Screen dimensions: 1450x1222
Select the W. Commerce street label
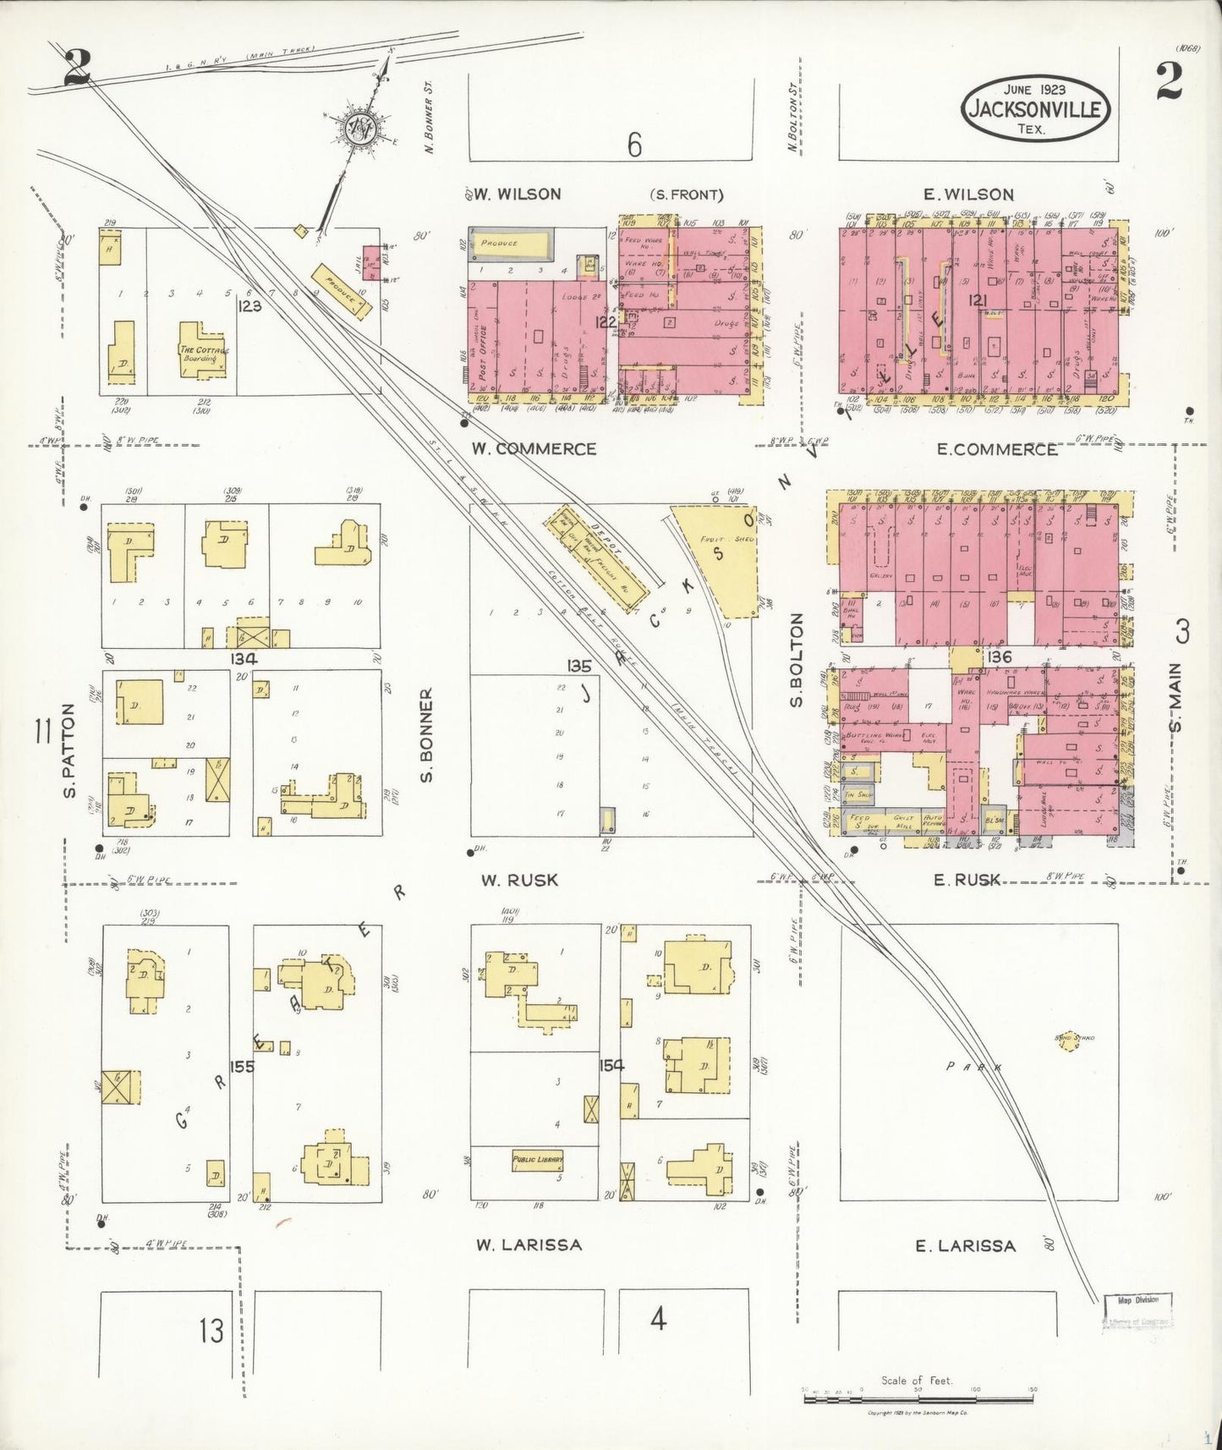pos(534,449)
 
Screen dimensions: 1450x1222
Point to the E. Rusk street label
pos(967,881)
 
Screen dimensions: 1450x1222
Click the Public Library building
pos(537,1160)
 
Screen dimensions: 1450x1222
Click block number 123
pos(250,306)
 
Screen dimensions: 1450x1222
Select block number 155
pos(242,1067)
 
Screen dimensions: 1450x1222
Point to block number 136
pos(998,656)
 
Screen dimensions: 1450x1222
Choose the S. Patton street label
pos(69,750)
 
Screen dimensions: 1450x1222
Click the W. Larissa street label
pos(529,1244)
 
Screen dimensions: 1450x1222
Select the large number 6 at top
pos(634,145)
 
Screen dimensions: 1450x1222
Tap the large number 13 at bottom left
pos(211,1331)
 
